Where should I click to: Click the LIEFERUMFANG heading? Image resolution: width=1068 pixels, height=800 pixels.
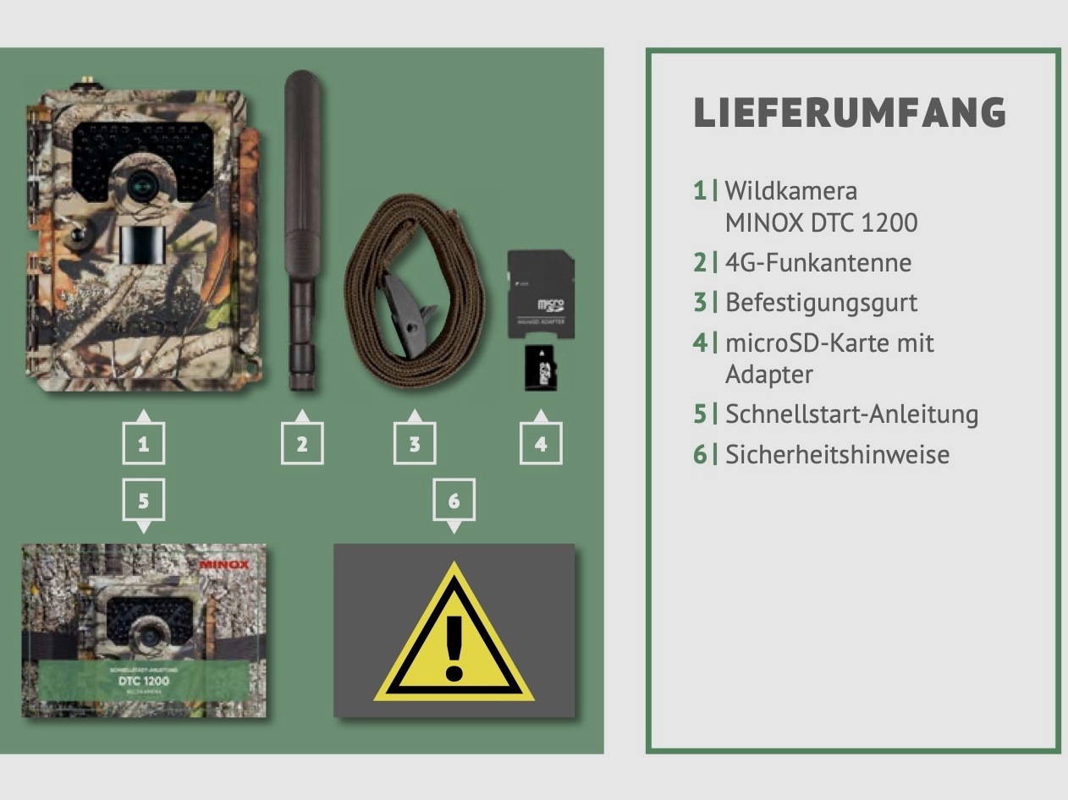pyautogui.click(x=850, y=113)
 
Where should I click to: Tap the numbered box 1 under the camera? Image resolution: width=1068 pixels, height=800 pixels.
pyautogui.click(x=144, y=444)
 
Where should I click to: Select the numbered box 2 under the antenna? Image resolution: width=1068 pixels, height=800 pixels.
pyautogui.click(x=302, y=444)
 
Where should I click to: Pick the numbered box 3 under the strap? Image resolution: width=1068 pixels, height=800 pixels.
pyautogui.click(x=415, y=444)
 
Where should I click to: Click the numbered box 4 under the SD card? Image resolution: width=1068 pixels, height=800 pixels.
pyautogui.click(x=541, y=444)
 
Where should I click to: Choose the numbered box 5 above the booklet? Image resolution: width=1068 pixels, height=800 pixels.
pyautogui.click(x=144, y=501)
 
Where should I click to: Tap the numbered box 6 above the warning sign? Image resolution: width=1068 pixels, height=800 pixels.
pyautogui.click(x=454, y=501)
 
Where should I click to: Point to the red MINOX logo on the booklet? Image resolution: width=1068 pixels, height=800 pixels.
pyautogui.click(x=224, y=564)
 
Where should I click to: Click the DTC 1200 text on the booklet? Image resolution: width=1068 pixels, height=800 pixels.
pyautogui.click(x=144, y=680)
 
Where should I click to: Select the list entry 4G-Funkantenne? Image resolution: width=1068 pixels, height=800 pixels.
pyautogui.click(x=818, y=262)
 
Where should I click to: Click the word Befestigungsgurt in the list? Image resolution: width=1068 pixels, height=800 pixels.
pyautogui.click(x=821, y=302)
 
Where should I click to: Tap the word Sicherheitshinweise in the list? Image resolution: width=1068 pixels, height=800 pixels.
pyautogui.click(x=837, y=454)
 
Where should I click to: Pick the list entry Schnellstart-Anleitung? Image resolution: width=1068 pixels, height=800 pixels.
pyautogui.click(x=851, y=414)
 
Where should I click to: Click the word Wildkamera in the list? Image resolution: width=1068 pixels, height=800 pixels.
pyautogui.click(x=790, y=190)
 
